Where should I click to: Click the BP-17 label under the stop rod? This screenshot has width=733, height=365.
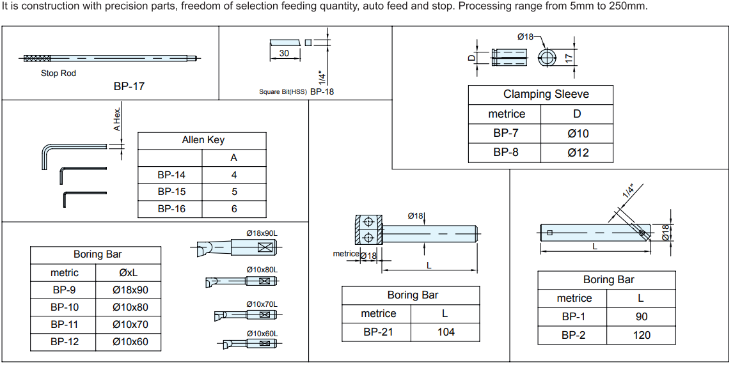[x=129, y=86]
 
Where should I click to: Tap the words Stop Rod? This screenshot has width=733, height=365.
[x=58, y=74]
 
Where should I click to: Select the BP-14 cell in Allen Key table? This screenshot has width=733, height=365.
[x=171, y=175]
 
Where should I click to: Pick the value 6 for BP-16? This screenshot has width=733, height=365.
[x=234, y=209]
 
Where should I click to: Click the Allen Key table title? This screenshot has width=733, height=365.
[x=203, y=140]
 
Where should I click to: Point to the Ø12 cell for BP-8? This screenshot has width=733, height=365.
[x=578, y=153]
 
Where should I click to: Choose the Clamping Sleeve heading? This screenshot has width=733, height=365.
[x=546, y=95]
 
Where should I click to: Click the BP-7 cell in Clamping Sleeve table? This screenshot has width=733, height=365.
[x=505, y=134]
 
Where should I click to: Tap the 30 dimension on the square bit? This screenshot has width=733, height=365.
[x=284, y=53]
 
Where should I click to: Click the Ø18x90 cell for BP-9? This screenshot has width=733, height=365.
[x=130, y=290]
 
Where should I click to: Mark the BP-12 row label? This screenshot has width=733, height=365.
[x=65, y=342]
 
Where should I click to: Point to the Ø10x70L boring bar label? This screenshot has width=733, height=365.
[x=262, y=304]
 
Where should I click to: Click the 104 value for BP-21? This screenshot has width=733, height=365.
[x=446, y=332]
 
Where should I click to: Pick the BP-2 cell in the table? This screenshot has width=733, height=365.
[x=574, y=335]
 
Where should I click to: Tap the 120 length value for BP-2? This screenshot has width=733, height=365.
[x=641, y=335]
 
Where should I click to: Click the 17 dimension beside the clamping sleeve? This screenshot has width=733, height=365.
[x=568, y=58]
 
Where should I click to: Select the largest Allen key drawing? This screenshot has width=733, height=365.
[x=46, y=155]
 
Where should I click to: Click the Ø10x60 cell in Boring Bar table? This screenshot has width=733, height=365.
[x=130, y=342]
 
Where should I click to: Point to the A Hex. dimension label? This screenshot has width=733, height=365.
[x=117, y=120]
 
